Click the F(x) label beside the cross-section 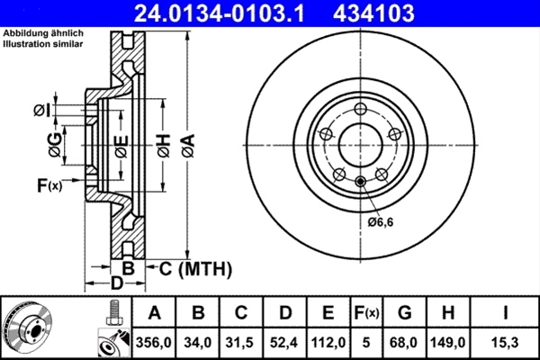coord(49,186)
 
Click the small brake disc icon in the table coord(30,327)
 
